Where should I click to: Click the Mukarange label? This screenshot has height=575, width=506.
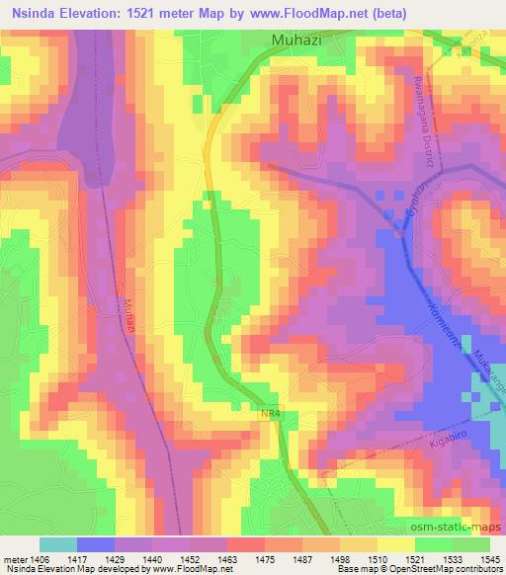(x=490, y=376)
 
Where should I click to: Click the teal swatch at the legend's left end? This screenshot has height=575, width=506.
(x=59, y=544)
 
